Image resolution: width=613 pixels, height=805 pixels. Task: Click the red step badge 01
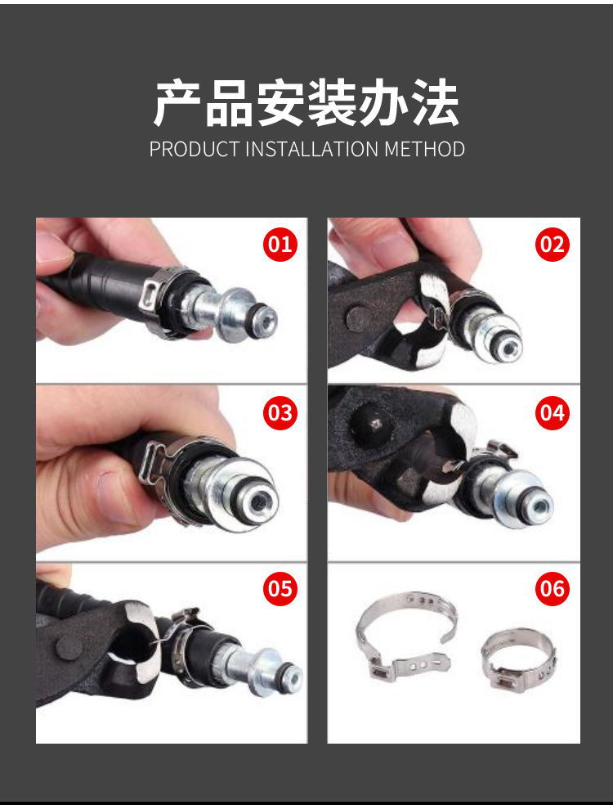280,245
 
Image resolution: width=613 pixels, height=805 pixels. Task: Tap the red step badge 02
553,245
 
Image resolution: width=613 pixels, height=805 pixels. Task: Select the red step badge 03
280,413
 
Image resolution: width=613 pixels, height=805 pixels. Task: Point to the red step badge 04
553,413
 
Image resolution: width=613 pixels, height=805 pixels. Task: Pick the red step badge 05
280,588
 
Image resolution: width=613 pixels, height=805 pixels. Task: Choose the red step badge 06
553,588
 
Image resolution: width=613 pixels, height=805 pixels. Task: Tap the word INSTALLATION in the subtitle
313,150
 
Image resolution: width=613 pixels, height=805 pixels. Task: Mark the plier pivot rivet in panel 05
69,649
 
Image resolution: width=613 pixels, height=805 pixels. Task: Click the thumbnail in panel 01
52,246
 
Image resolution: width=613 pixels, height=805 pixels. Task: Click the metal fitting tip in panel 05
287,677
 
